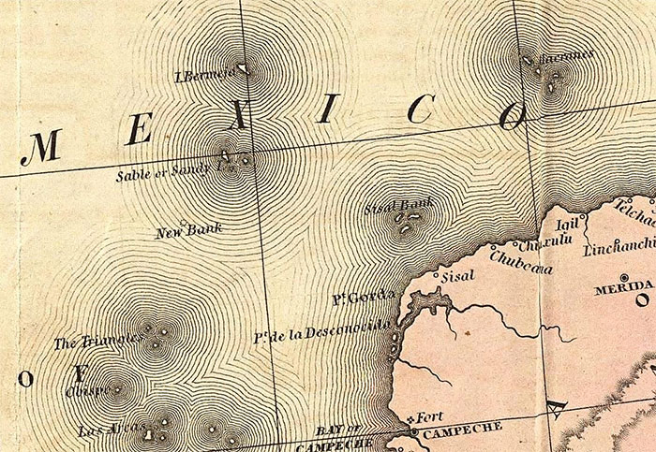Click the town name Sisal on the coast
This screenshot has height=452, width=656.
[459, 276]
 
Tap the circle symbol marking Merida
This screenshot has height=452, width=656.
[641, 301]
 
